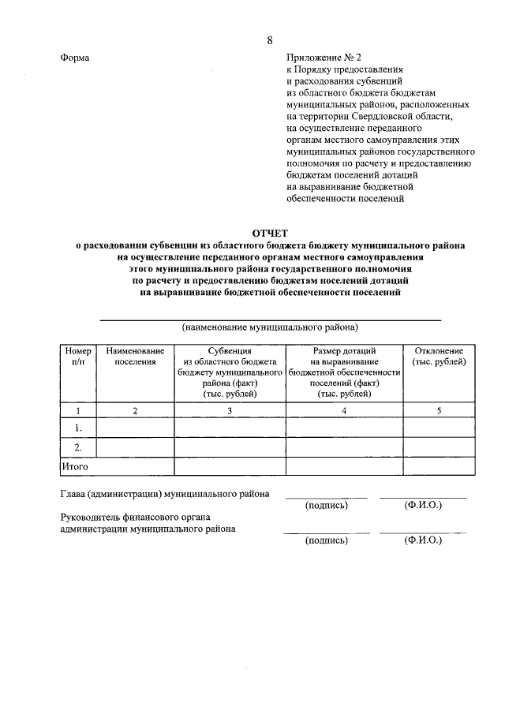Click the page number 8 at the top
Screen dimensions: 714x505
click(x=270, y=40)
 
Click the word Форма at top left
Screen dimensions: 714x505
click(x=75, y=58)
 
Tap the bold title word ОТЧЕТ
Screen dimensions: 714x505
click(x=270, y=233)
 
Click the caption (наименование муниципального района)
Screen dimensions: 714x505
click(x=270, y=326)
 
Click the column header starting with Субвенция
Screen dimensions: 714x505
click(x=230, y=372)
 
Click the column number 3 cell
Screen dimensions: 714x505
click(x=230, y=410)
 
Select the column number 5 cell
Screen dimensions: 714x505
click(x=439, y=410)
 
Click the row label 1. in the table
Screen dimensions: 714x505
click(x=78, y=428)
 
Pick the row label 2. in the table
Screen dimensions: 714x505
click(x=78, y=447)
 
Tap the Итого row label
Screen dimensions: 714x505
click(x=75, y=467)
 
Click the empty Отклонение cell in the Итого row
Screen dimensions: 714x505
click(x=439, y=467)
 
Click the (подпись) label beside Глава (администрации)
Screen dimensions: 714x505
click(x=326, y=505)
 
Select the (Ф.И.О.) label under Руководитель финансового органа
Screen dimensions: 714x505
click(x=422, y=540)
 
